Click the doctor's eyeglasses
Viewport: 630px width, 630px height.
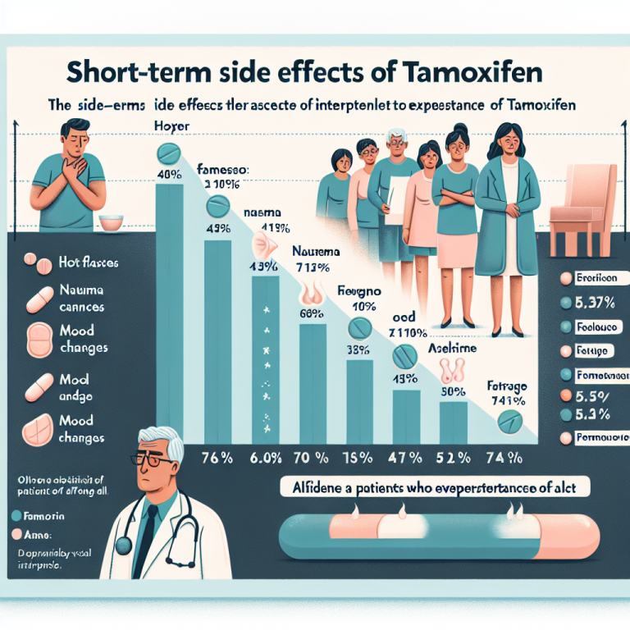[153, 460]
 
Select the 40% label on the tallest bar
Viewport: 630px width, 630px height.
[170, 174]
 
